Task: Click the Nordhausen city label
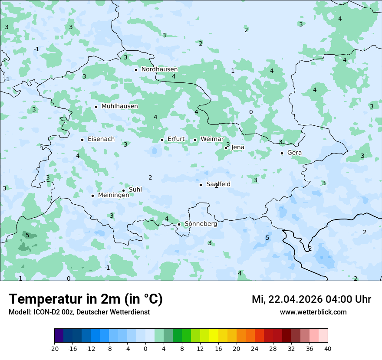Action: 159,69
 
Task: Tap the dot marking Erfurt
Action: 162,140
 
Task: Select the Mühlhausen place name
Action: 119,106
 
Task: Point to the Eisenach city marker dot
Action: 82,140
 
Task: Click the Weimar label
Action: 212,139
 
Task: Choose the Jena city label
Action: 237,147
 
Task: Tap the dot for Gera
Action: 282,153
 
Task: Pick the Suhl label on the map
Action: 135,190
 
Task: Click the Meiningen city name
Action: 113,195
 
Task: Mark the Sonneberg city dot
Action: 179,224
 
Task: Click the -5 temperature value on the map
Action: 267,238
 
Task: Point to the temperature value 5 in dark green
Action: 27,235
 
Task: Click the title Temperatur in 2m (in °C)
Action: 86,299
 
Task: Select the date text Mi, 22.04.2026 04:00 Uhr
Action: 311,299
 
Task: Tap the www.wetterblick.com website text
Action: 313,312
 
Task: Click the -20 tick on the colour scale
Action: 54,348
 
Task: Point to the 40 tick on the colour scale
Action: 327,348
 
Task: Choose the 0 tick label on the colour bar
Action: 145,348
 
